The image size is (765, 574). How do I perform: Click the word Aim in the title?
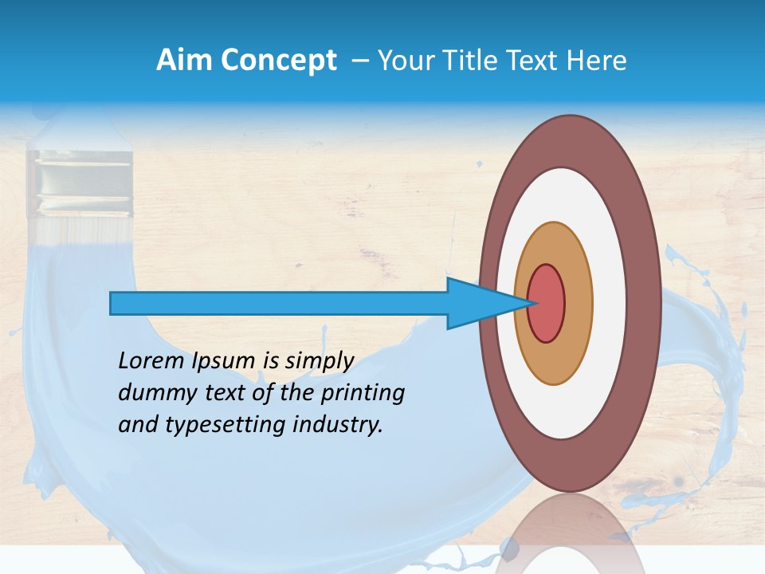[183, 61]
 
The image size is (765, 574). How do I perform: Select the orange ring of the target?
[579, 303]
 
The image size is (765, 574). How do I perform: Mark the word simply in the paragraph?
[320, 362]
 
